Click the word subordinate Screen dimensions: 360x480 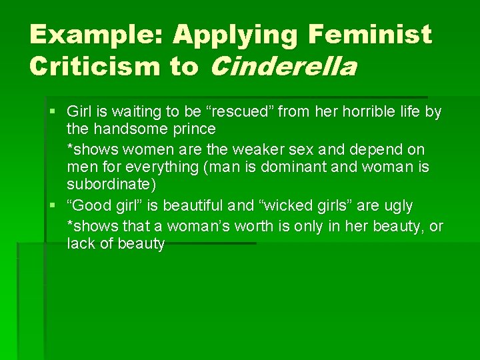pyautogui.click(x=111, y=184)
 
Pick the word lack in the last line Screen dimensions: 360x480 pyautogui.click(x=79, y=244)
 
